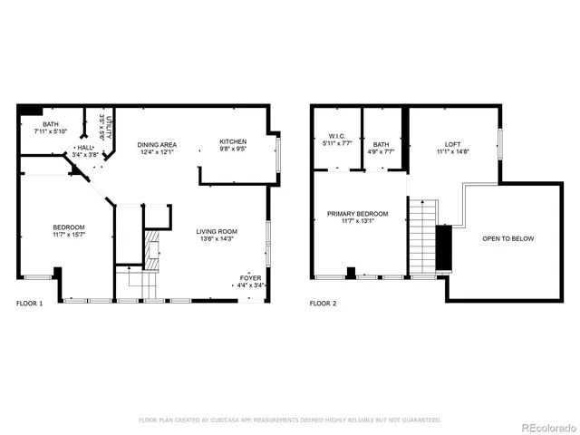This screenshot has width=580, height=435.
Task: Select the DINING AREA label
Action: [x=157, y=145]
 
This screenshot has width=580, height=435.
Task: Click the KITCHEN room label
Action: [x=233, y=141]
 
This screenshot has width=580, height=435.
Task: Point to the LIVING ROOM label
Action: [x=217, y=232]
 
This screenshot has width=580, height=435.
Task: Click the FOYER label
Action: [x=251, y=277]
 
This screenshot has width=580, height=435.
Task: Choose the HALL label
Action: [x=84, y=147]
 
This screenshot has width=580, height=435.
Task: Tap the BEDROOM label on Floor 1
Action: [x=68, y=227]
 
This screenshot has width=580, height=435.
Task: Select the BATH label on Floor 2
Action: [x=381, y=144]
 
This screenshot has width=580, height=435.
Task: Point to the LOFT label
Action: [x=452, y=144]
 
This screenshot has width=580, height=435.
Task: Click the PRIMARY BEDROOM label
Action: [x=357, y=214]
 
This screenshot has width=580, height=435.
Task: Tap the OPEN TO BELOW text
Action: [x=507, y=239]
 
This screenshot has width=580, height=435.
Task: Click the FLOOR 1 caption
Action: [x=29, y=304]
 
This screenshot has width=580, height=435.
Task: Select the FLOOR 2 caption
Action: [x=323, y=304]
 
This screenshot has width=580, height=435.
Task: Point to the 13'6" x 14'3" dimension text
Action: [x=217, y=240]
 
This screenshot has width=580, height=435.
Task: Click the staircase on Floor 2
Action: [x=422, y=237]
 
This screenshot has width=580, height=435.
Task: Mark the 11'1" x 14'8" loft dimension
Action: [x=452, y=152]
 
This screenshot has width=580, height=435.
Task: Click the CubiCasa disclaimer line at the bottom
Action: [x=289, y=420]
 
